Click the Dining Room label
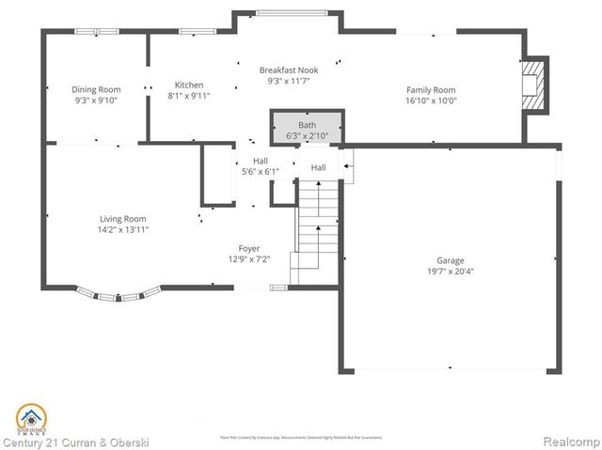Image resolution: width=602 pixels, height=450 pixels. [x=96, y=89]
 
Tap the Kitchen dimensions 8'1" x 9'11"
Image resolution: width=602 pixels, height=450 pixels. [x=189, y=95]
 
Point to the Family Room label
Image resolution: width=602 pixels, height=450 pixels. [x=431, y=89]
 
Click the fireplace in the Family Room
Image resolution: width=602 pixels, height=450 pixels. [x=534, y=85]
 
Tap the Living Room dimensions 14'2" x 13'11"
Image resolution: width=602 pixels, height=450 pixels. [x=123, y=228]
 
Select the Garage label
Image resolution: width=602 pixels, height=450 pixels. [x=450, y=260]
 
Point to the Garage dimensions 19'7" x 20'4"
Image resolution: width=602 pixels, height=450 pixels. [x=450, y=272]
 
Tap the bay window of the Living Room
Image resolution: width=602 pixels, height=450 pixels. [x=117, y=295]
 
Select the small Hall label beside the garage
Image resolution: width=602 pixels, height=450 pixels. [x=319, y=167]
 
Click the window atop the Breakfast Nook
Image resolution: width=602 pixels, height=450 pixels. [x=286, y=13]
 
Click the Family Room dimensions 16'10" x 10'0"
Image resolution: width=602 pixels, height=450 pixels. [x=431, y=101]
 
